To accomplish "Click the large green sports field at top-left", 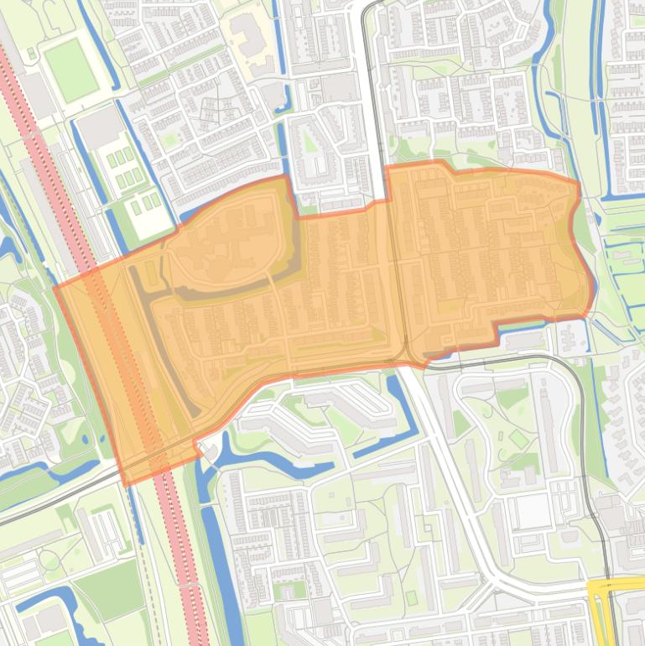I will coord(71,69).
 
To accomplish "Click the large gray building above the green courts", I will coord(100,127).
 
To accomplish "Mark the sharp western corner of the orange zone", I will coord(55,288).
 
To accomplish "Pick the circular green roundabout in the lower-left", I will coord(49,560).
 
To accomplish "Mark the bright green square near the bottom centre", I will coord(411,597).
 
